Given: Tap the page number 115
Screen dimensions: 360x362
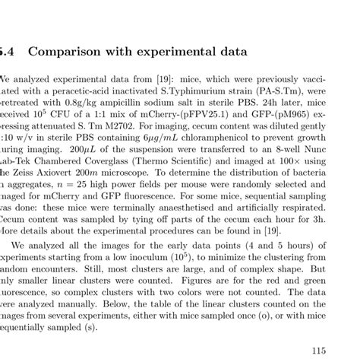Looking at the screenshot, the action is point(318,349).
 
